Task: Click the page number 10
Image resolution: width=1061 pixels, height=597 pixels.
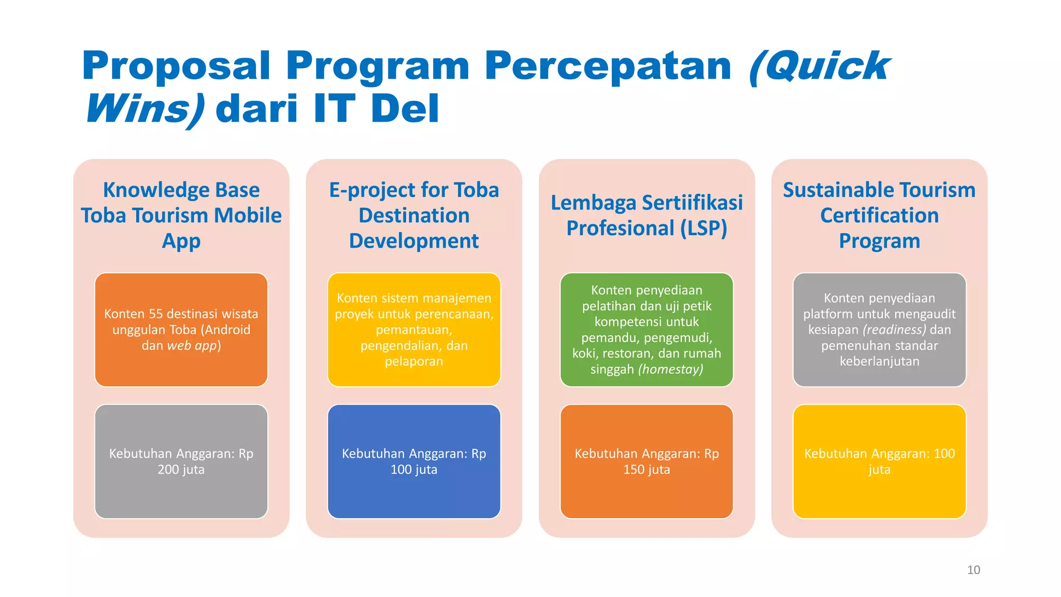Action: [973, 570]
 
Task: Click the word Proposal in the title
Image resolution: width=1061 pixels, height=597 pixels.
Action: [176, 66]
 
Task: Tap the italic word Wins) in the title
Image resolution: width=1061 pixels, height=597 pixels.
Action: [145, 110]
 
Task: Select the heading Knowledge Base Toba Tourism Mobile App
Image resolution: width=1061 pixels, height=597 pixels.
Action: [181, 215]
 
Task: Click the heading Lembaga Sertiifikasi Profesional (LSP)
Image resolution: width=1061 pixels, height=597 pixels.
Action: [647, 215]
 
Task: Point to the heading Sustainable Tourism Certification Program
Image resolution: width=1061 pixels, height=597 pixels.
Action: [879, 215]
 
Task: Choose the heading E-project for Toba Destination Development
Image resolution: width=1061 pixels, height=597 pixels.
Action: [414, 215]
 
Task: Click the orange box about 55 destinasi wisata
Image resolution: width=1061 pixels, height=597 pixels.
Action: [181, 330]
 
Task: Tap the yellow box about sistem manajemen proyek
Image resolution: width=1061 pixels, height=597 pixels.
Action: [414, 330]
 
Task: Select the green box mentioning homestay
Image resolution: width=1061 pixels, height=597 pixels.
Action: [647, 330]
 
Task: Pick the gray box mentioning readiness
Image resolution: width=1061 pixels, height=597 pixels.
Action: [879, 330]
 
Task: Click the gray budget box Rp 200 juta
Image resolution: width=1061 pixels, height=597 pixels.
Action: [181, 461]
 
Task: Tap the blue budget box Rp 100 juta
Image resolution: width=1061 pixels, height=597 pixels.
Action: [414, 461]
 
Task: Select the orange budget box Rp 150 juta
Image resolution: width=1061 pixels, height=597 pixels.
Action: [647, 461]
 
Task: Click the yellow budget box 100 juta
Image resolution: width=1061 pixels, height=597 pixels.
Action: [879, 461]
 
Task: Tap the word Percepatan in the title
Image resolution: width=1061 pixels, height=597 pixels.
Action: [608, 66]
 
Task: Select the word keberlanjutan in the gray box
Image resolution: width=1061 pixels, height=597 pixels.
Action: [879, 362]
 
